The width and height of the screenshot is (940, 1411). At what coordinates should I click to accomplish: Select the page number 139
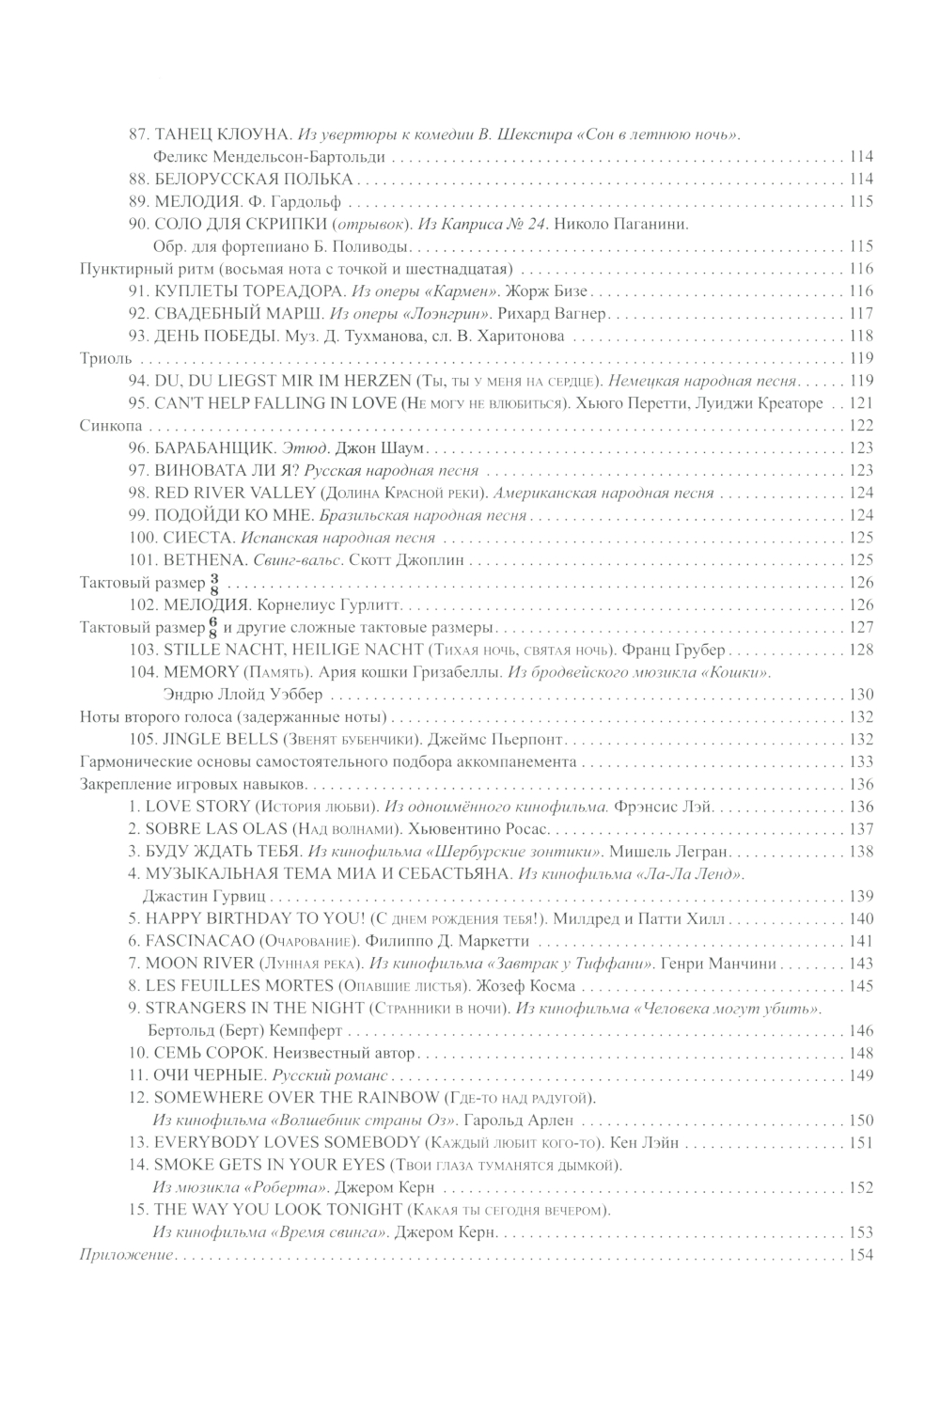tap(861, 896)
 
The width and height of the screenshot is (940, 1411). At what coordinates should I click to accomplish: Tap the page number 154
tap(861, 1255)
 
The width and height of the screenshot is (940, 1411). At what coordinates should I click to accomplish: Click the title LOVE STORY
tap(195, 807)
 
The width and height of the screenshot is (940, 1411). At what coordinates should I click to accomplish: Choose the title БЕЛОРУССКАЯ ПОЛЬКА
tap(253, 179)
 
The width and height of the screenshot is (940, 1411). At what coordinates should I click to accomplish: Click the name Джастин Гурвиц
tap(206, 896)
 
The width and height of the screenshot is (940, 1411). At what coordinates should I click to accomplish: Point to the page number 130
tap(861, 695)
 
